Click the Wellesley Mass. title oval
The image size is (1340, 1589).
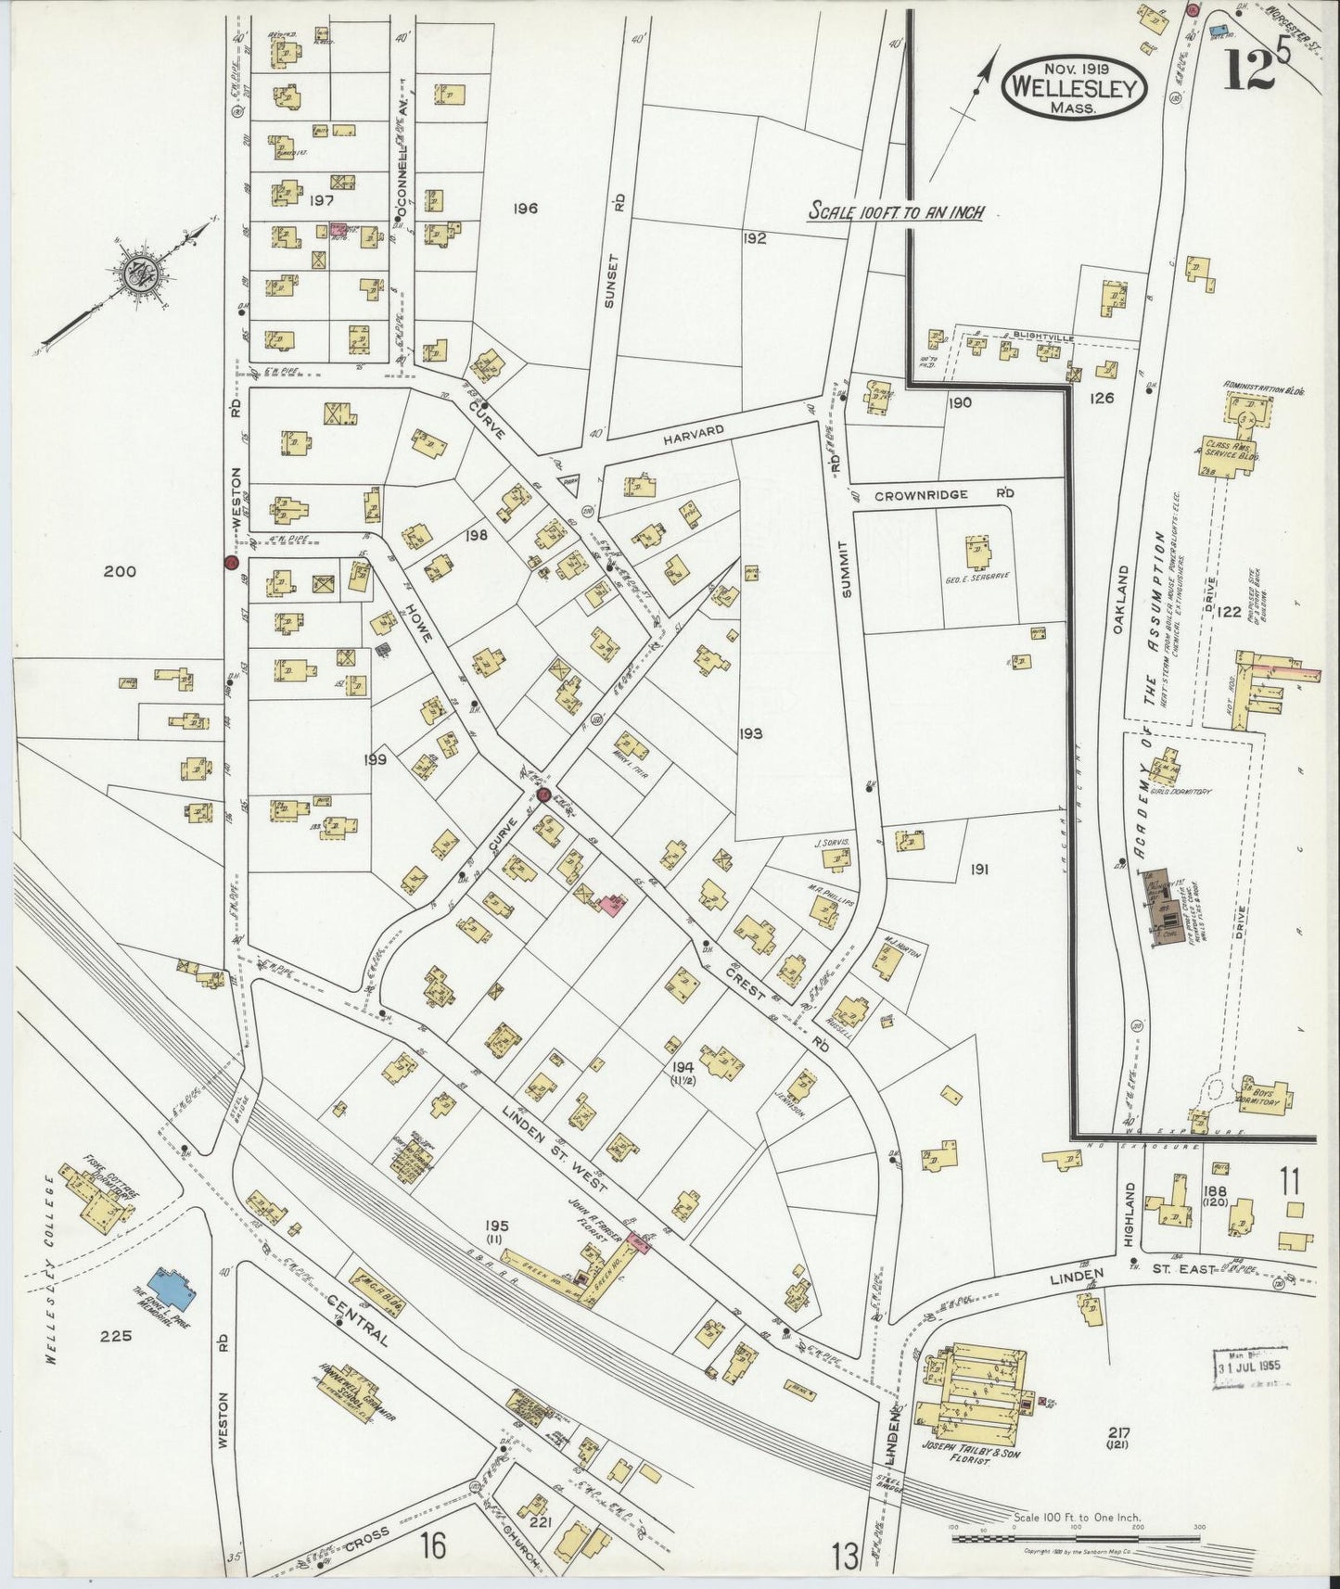pos(1077,87)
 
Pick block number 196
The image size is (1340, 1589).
pos(525,210)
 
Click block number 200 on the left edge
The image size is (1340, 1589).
pos(119,571)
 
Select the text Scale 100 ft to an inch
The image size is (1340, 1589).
pos(896,211)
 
